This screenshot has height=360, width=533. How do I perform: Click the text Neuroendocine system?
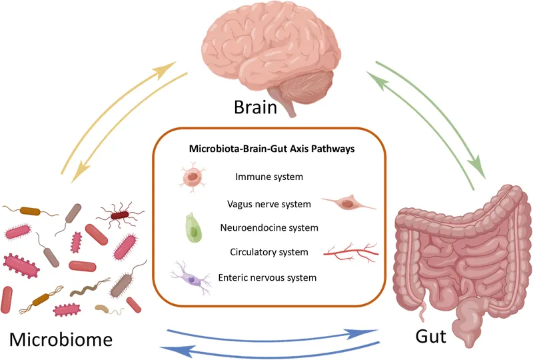coord(268,227)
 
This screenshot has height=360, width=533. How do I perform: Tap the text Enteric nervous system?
coord(267,277)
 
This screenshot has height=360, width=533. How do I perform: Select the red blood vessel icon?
coord(351,252)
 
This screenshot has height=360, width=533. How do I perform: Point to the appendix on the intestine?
coord(422,309)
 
